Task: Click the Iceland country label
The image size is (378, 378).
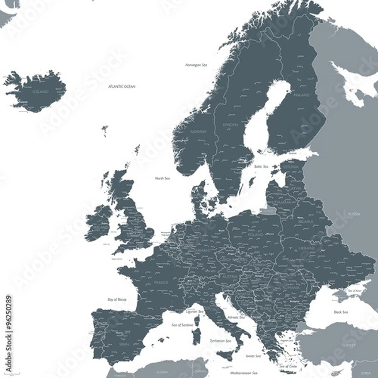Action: click(x=40, y=91)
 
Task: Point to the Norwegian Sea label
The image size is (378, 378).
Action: click(x=197, y=65)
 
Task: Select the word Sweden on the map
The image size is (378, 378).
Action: click(x=231, y=125)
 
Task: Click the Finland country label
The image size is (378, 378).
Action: click(x=301, y=95)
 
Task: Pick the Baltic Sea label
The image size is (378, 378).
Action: click(x=261, y=166)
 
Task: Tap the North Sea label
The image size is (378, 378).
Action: click(x=163, y=178)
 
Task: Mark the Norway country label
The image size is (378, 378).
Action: click(x=198, y=132)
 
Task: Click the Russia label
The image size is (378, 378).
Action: click(x=354, y=214)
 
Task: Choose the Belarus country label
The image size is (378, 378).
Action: click(x=306, y=222)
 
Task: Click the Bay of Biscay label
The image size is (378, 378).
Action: click(x=117, y=299)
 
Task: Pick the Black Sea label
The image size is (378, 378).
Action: click(x=341, y=312)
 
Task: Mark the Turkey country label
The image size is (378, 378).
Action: click(x=348, y=345)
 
